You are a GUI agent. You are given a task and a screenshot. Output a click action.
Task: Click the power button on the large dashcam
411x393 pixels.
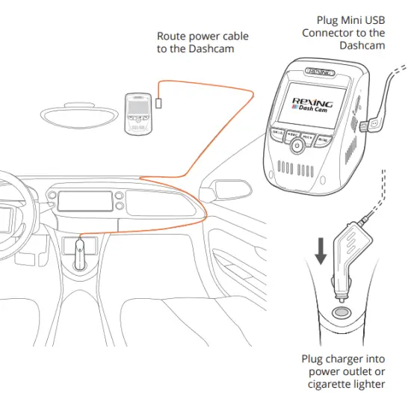pyautogui.click(x=299, y=147)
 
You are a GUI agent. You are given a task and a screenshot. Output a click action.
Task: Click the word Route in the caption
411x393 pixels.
pyautogui.click(x=172, y=36)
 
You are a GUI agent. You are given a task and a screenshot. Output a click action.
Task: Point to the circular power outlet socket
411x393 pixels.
pyautogui.click(x=342, y=313)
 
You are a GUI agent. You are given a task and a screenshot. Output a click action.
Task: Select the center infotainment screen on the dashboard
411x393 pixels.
pyautogui.click(x=76, y=200)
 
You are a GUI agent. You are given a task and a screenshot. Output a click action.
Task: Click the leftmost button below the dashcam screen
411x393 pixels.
pyautogui.click(x=276, y=132)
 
